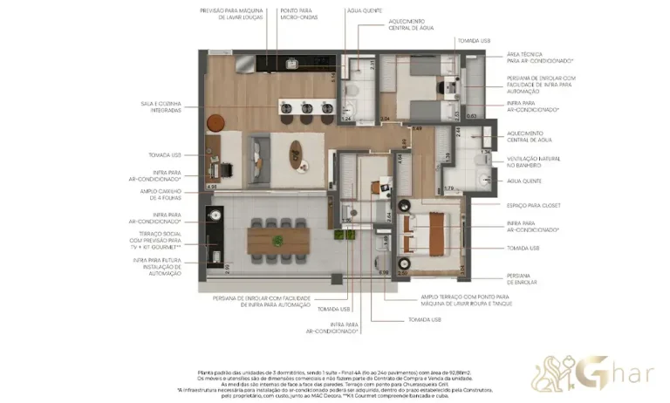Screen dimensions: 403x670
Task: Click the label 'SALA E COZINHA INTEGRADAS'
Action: tap(161, 106)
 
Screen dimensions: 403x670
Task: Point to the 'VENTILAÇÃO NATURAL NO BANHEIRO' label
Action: tap(533, 161)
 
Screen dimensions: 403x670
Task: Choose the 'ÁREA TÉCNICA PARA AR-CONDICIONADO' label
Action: tap(539, 58)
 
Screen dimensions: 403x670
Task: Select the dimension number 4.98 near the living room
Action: tap(211, 186)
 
